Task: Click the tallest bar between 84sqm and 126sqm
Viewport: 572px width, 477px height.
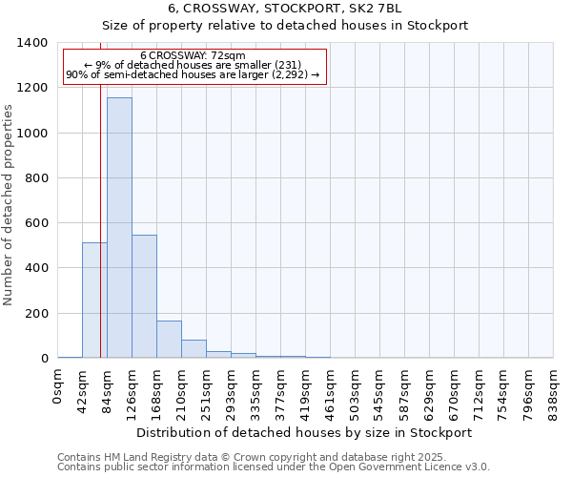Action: point(119,228)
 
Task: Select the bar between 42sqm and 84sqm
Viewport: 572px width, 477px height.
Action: point(94,301)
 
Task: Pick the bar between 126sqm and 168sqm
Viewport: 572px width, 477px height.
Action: point(144,297)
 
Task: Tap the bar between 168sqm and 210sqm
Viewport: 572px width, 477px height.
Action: point(169,340)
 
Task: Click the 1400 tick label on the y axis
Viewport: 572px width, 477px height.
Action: point(32,43)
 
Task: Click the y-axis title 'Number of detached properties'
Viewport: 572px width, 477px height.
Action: point(9,218)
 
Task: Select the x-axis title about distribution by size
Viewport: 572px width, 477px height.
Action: point(304,432)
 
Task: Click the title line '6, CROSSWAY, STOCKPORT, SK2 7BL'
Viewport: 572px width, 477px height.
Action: point(285,9)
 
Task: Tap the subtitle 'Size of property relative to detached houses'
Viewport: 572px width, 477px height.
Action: point(285,26)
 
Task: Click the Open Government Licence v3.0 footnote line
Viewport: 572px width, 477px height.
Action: point(274,467)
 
